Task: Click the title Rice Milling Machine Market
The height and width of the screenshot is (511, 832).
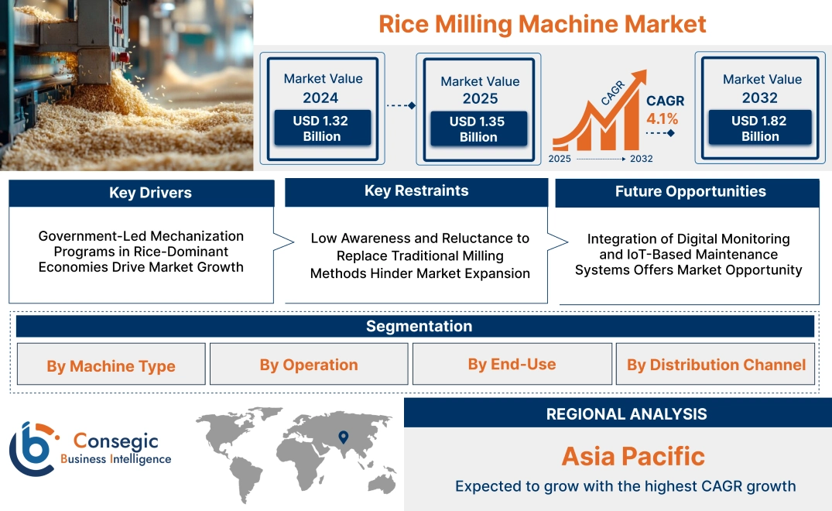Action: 542,23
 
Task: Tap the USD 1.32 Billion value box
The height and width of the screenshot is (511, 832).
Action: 321,129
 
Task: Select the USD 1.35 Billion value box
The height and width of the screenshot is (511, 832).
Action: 478,129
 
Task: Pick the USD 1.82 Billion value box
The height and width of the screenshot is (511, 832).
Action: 760,129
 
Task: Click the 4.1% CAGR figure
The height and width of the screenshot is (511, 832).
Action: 663,118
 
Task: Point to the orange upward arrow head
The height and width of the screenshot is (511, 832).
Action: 639,78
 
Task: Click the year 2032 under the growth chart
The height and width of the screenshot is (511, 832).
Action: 641,159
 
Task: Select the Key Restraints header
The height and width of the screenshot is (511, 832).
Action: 416,191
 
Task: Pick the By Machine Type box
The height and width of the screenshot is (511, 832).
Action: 111,365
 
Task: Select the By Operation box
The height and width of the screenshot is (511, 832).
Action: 309,365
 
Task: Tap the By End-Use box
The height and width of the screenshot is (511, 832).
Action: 512,364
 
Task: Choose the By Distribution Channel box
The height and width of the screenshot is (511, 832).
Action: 716,365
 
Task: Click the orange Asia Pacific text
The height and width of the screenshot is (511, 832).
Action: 633,456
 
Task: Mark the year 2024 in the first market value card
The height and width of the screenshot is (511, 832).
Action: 320,98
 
